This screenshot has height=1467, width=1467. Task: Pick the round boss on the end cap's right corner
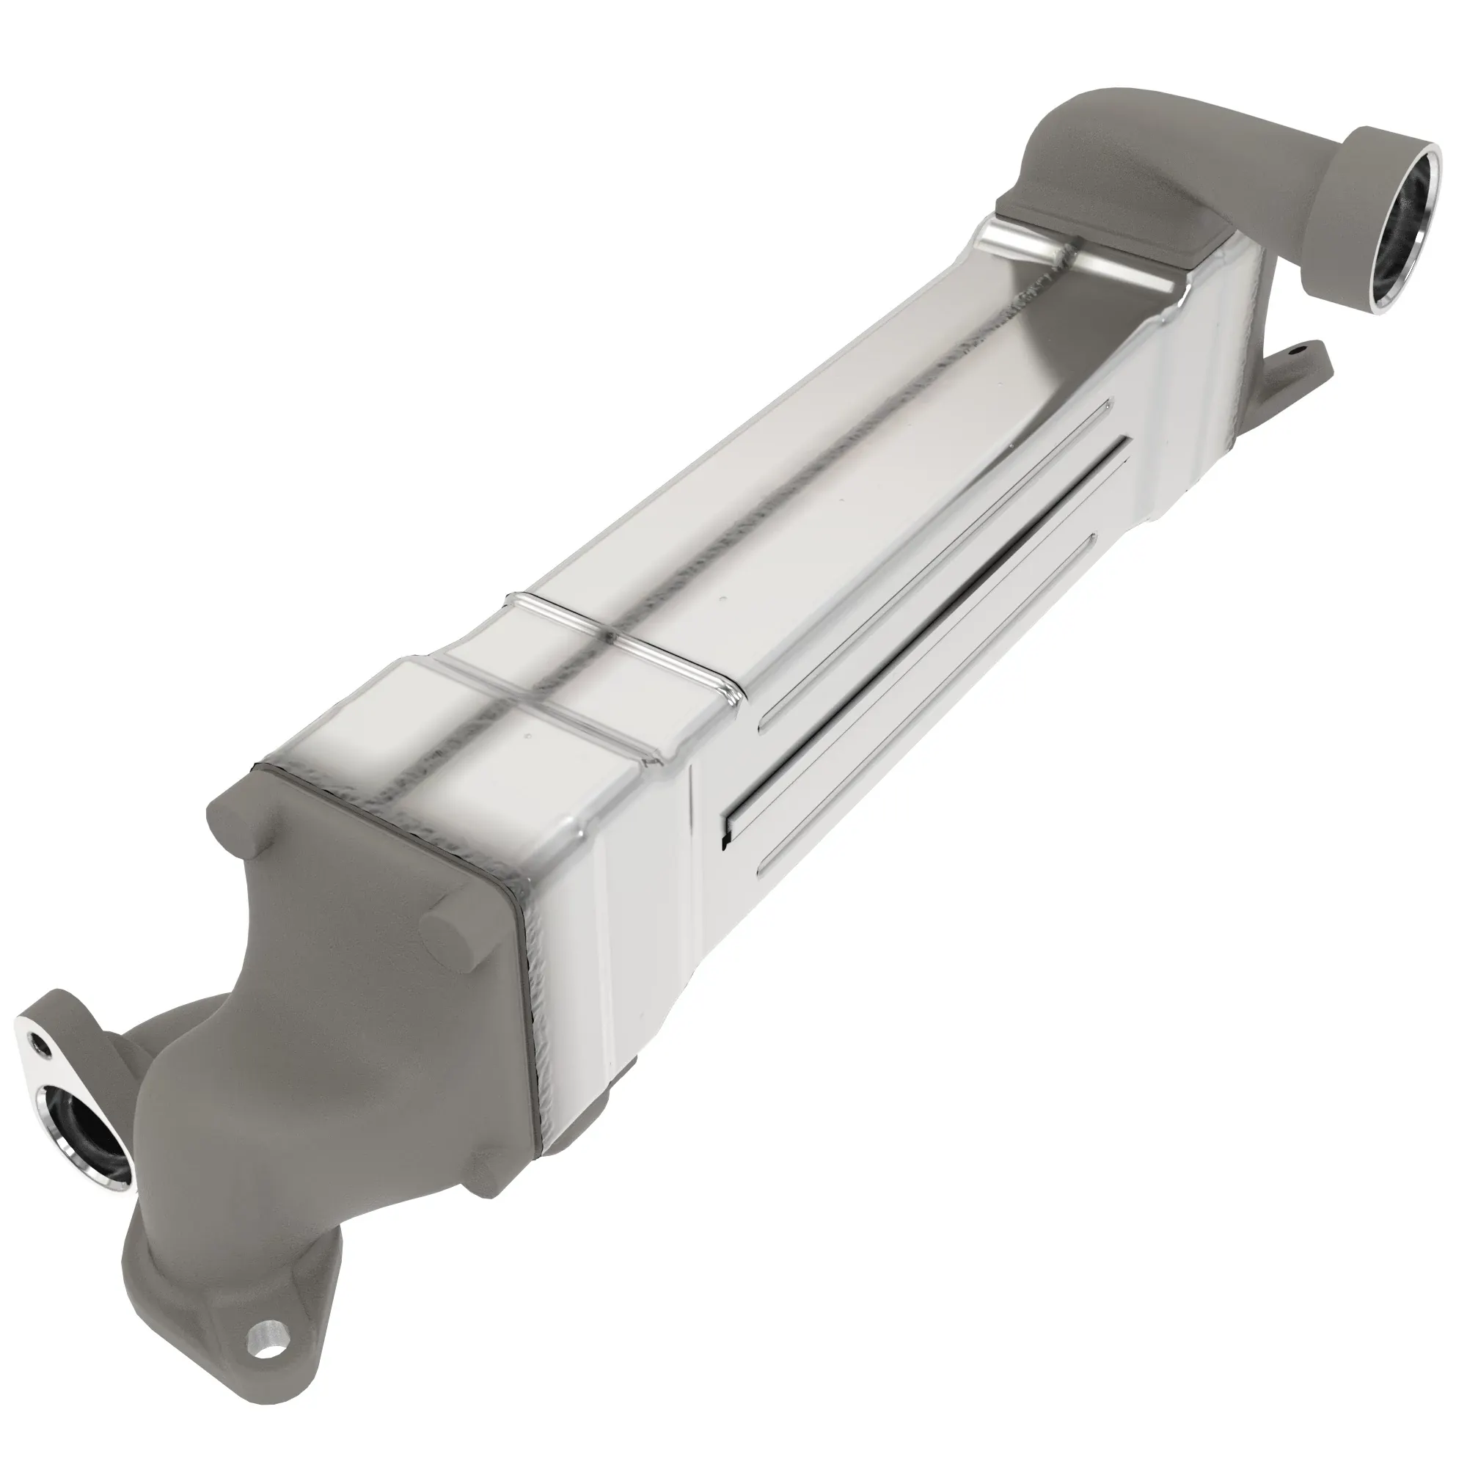[x=453, y=937]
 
